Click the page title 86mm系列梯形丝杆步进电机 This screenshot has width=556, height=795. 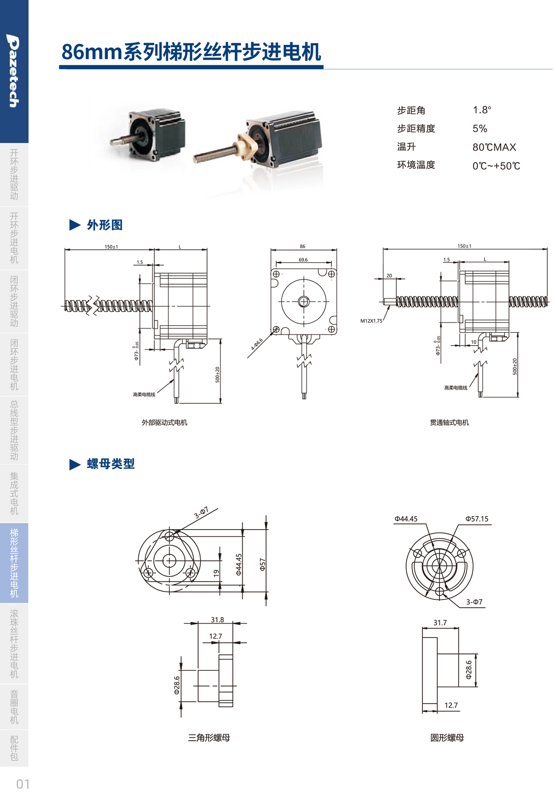191,52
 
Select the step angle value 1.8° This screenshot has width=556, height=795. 481,110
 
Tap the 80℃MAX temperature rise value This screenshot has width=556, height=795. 494,147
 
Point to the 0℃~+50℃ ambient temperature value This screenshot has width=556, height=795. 496,165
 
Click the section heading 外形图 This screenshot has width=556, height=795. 104,225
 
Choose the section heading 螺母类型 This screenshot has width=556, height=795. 110,464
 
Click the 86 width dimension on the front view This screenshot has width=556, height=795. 303,246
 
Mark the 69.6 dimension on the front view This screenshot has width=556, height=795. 303,260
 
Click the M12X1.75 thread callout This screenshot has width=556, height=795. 371,321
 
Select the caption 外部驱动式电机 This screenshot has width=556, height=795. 164,423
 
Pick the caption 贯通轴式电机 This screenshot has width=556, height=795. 449,423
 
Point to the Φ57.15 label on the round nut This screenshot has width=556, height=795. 477,519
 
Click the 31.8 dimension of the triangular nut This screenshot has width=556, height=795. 217,619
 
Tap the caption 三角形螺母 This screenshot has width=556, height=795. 209,738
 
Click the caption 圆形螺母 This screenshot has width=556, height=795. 447,738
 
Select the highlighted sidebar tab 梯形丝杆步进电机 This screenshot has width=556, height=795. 14,562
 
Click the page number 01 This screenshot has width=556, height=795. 23,784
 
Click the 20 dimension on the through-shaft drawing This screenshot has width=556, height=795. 389,276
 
